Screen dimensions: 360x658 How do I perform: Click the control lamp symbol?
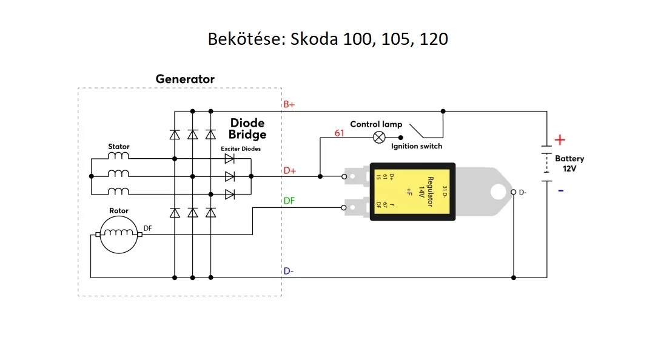coord(379,137)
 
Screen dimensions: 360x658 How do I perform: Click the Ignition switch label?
coord(417,147)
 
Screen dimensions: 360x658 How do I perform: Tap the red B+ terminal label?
coord(289,104)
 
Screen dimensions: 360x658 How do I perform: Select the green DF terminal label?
coord(289,200)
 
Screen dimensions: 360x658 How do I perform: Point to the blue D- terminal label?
coord(289,271)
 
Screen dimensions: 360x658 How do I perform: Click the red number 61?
coord(340,133)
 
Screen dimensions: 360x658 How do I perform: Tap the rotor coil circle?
coord(119,235)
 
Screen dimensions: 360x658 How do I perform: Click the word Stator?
coord(119,147)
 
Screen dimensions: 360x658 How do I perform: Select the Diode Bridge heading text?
coord(248,129)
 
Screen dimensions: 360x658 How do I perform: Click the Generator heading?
coord(185,79)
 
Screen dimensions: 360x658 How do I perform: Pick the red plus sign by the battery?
coord(560,140)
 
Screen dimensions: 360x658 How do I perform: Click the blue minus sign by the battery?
coord(560,190)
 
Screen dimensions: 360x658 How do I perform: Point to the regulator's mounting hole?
coord(497,192)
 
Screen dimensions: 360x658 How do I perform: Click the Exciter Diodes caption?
coord(241,148)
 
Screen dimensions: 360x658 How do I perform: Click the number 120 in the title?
coord(432,39)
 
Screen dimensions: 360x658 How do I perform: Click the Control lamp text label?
coord(376,124)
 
